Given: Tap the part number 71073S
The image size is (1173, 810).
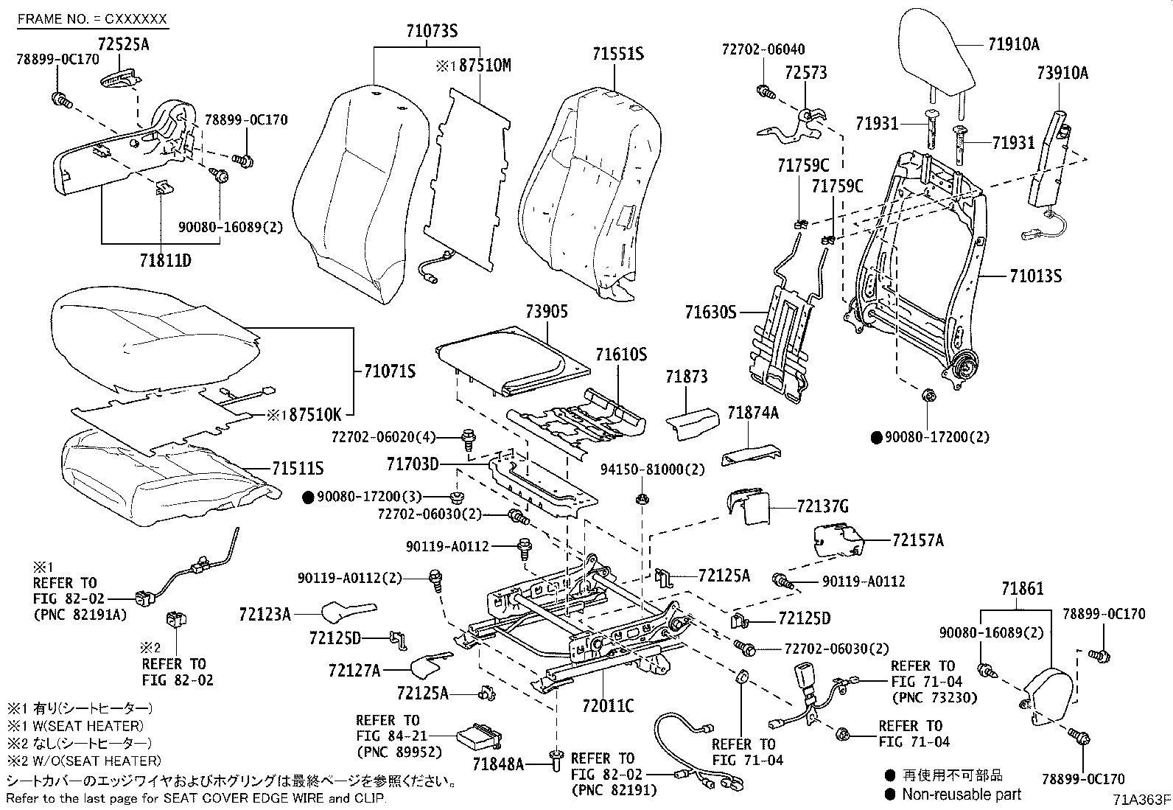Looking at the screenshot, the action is [x=432, y=31].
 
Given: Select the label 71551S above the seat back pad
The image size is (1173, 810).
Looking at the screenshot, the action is [x=618, y=54].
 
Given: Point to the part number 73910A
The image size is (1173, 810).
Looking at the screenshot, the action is [x=1062, y=72].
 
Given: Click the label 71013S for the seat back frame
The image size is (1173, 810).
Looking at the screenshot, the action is [x=1036, y=276].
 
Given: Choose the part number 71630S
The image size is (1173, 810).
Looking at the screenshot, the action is [x=710, y=313].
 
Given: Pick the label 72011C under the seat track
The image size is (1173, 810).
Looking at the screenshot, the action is [x=608, y=706].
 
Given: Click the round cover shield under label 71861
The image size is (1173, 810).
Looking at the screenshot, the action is [x=1046, y=696].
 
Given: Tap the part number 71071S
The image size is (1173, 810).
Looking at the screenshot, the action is [x=390, y=371].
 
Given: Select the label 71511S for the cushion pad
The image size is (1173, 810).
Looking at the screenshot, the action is [x=298, y=468].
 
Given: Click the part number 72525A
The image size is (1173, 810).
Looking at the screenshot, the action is [x=124, y=44].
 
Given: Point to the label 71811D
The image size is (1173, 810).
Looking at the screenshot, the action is [x=166, y=260].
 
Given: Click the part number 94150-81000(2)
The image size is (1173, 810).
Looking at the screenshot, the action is [x=653, y=469].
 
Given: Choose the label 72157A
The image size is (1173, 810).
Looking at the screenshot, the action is [x=918, y=540].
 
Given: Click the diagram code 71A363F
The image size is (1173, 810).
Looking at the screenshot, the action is [x=1141, y=800].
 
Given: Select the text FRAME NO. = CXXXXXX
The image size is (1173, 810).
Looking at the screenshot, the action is [x=92, y=19].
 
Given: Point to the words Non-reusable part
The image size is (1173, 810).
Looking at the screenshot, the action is [x=962, y=795].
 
